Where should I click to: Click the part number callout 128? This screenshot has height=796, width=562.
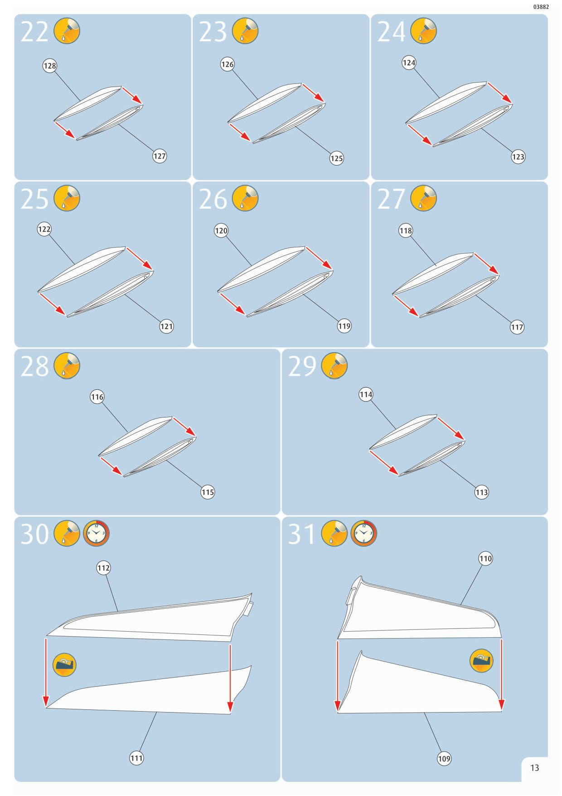(50, 66)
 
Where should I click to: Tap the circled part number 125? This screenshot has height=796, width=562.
(336, 158)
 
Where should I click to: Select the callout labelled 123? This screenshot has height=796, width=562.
(518, 157)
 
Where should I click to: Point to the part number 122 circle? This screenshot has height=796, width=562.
(44, 229)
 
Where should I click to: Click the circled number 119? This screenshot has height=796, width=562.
(344, 326)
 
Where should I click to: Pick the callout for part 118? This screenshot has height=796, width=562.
(406, 231)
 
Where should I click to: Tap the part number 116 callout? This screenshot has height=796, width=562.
(97, 397)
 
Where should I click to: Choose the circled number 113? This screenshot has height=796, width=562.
(481, 492)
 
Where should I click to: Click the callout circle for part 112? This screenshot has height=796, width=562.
(103, 568)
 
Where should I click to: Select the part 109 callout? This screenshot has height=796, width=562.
(444, 758)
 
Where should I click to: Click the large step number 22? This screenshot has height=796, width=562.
(34, 32)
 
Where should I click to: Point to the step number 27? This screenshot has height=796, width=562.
(391, 199)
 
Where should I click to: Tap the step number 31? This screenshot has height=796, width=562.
(301, 534)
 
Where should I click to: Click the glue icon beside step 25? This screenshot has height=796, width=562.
(67, 198)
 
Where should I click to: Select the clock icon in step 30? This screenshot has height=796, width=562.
(96, 533)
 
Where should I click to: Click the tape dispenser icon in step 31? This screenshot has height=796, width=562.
(481, 660)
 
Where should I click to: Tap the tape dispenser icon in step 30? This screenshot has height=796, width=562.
(64, 665)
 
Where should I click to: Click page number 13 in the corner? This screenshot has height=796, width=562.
(535, 767)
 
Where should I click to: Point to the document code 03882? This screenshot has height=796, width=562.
(541, 7)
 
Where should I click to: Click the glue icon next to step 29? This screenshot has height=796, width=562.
(334, 365)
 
